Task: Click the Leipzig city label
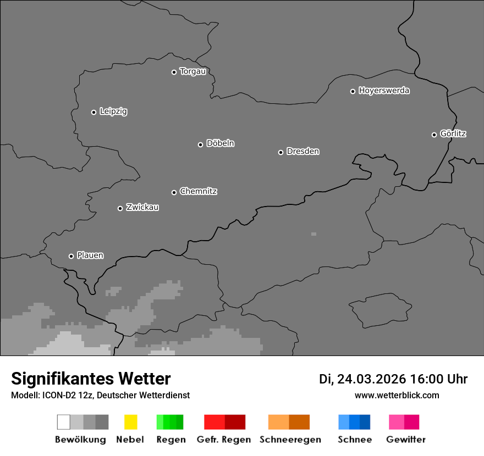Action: tap(113, 112)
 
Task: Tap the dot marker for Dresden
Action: tap(280, 152)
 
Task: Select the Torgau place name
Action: tap(193, 71)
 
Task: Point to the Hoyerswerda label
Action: tap(384, 91)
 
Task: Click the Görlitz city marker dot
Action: tap(434, 135)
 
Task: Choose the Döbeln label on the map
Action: tap(220, 143)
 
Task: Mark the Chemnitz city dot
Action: tap(174, 192)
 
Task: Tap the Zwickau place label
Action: tap(142, 207)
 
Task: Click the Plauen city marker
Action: tap(71, 256)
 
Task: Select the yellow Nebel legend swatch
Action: tap(130, 422)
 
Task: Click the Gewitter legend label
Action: tap(406, 440)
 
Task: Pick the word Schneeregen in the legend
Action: tap(290, 440)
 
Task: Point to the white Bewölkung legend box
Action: tap(63, 422)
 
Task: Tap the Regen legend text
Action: tap(171, 440)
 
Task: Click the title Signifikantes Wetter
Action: tap(91, 379)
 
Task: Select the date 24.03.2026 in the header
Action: tap(371, 379)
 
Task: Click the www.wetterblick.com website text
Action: tap(397, 395)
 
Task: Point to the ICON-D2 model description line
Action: tap(100, 395)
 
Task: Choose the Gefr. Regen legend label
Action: tap(224, 440)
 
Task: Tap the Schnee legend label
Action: tap(355, 440)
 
